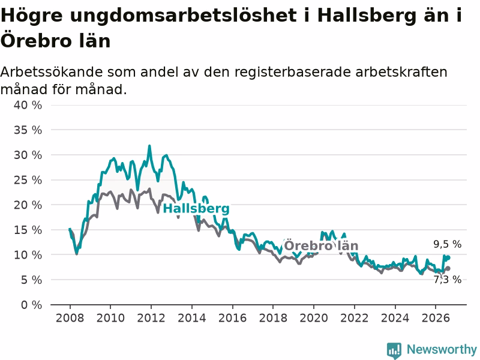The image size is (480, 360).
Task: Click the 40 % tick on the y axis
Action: (28, 106)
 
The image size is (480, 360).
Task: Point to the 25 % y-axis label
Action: (28, 180)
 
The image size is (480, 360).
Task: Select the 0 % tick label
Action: (32, 305)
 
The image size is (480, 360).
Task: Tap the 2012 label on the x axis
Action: (151, 318)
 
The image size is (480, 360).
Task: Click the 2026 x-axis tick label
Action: (436, 318)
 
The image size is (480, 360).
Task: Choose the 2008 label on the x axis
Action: (70, 318)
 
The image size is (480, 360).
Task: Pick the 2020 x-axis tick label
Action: (313, 318)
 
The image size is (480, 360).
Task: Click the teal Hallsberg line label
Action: (196, 208)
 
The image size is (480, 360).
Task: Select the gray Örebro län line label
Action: (321, 245)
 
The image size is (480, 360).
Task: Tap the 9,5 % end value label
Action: (447, 244)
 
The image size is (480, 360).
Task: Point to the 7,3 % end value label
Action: (447, 280)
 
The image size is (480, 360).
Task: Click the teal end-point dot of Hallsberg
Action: (448, 257)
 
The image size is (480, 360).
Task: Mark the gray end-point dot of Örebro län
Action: (448, 268)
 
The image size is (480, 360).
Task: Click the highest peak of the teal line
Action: (149, 146)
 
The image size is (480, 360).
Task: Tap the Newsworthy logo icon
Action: (394, 350)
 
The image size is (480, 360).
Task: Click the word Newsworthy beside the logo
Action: (442, 349)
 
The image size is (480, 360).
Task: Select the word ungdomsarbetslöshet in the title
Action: (183, 16)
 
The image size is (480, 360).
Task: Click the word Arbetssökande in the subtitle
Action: (52, 72)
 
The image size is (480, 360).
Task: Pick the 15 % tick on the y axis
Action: (28, 230)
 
